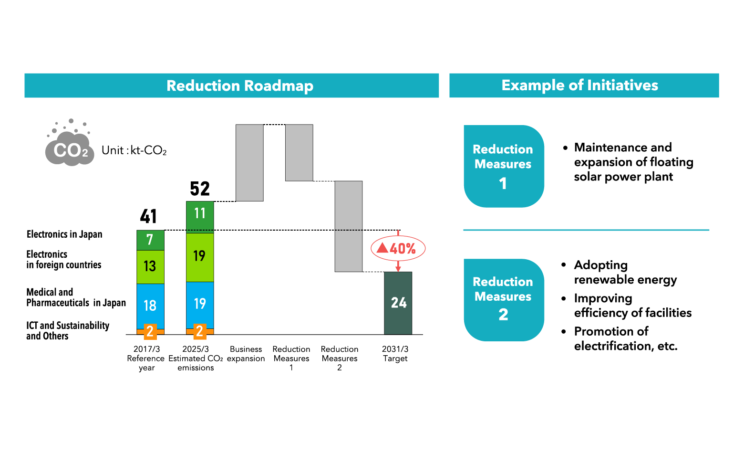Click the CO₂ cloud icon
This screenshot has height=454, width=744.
point(70,146)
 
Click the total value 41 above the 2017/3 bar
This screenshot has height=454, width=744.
point(148,216)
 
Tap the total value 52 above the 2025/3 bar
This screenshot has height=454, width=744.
point(200,189)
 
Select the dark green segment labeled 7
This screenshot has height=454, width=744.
point(150,240)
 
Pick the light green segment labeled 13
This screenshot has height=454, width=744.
point(150,266)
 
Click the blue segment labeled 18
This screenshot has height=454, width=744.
point(150,306)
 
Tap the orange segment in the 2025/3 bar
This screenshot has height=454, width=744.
point(200,331)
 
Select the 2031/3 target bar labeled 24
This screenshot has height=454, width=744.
point(398,303)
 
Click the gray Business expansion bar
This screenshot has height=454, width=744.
point(249,162)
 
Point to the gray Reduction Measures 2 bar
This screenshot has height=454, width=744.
point(349,226)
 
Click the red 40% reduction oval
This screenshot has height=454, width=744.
point(398,248)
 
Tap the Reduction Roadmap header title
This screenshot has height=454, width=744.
point(240,85)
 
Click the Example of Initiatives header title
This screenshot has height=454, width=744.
point(579,85)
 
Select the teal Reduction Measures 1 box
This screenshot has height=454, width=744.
point(504,166)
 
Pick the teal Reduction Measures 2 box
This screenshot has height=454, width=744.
point(504,299)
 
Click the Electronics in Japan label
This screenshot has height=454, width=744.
point(64,234)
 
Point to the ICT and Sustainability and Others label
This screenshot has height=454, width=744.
point(67,330)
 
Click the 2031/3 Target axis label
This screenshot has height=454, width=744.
point(395,354)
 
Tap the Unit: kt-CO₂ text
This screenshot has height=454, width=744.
point(134,150)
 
